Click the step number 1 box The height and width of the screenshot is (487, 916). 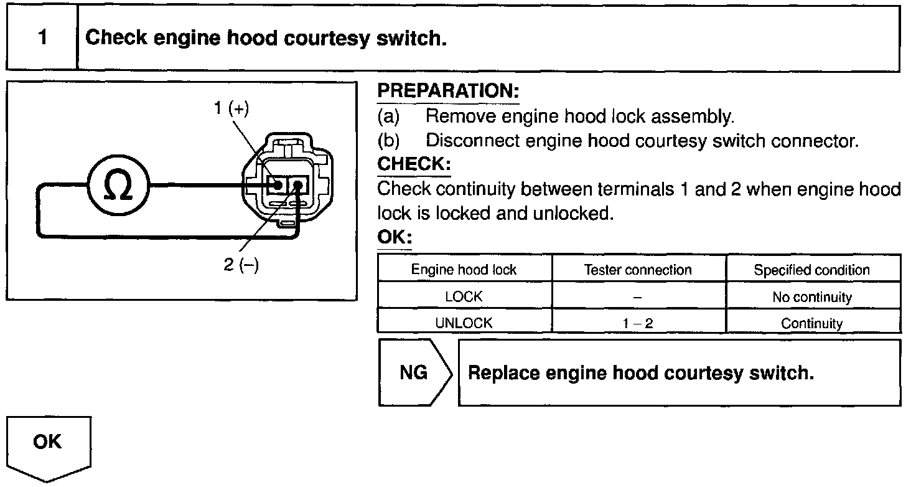click(42, 38)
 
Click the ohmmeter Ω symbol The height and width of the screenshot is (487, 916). click(118, 186)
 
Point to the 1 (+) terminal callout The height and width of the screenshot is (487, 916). click(231, 108)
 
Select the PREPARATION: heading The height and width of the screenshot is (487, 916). click(448, 91)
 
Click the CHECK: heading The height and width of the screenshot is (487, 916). click(414, 164)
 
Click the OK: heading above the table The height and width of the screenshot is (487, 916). click(395, 238)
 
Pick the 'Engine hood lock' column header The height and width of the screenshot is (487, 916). click(464, 270)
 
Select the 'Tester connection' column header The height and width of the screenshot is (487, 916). click(638, 270)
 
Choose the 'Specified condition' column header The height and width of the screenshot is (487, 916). click(811, 270)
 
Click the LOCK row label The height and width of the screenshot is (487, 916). click(464, 297)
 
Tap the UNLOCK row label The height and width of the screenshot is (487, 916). click(464, 323)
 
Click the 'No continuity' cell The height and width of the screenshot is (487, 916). click(811, 297)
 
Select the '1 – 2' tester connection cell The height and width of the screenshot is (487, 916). click(638, 323)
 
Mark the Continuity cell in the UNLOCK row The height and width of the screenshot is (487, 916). click(811, 323)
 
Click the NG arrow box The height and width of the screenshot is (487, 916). click(413, 372)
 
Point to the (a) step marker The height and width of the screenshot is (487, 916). click(388, 116)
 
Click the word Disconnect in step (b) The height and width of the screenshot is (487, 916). click(473, 141)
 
